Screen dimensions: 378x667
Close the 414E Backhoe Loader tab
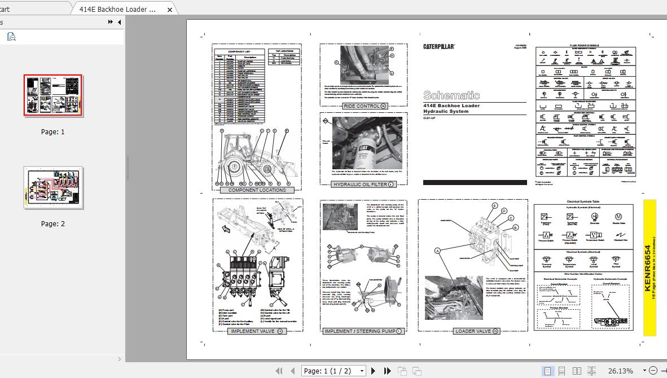[x=170, y=10]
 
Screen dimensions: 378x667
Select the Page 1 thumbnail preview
[x=53, y=95]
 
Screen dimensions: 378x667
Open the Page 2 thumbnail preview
[x=53, y=187]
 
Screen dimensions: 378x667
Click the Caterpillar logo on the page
[x=439, y=47]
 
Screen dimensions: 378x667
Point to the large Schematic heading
[x=451, y=95]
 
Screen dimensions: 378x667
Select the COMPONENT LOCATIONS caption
[x=257, y=190]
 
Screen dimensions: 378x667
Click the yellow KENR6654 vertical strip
[x=649, y=267]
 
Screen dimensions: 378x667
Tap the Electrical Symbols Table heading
[x=583, y=201]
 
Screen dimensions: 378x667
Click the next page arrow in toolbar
[x=373, y=371]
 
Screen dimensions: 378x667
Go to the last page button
[x=388, y=371]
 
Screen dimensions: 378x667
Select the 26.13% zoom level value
[x=620, y=371]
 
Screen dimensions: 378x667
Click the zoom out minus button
[x=653, y=371]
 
